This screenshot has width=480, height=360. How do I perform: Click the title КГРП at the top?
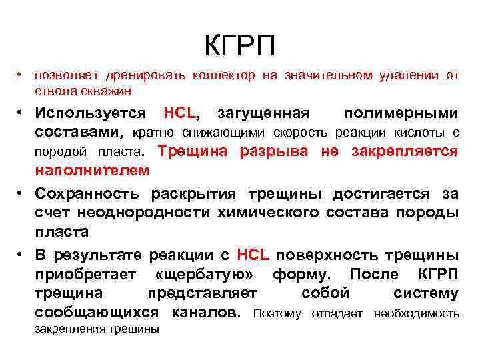point(239,47)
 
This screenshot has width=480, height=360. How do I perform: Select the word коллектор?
point(223,75)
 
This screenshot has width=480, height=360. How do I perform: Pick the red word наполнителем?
point(92,171)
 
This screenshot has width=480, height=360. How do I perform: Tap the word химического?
point(274,213)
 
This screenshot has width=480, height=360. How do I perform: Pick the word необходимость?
point(416,313)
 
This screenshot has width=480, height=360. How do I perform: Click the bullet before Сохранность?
point(21,194)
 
